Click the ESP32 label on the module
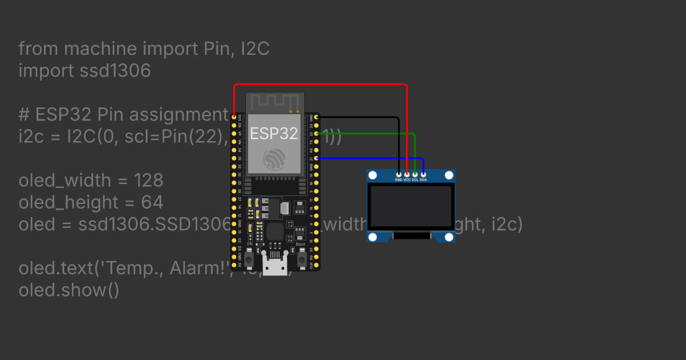(274, 133)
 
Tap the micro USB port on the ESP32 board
(275, 265)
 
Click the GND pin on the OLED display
(398, 174)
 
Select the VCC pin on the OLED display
(407, 174)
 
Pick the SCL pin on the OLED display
(415, 174)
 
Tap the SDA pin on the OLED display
(423, 174)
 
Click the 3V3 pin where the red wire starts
(234, 117)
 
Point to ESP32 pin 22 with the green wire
(316, 133)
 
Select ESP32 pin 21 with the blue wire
(316, 158)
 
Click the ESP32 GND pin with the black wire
(316, 117)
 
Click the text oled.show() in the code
(69, 290)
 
